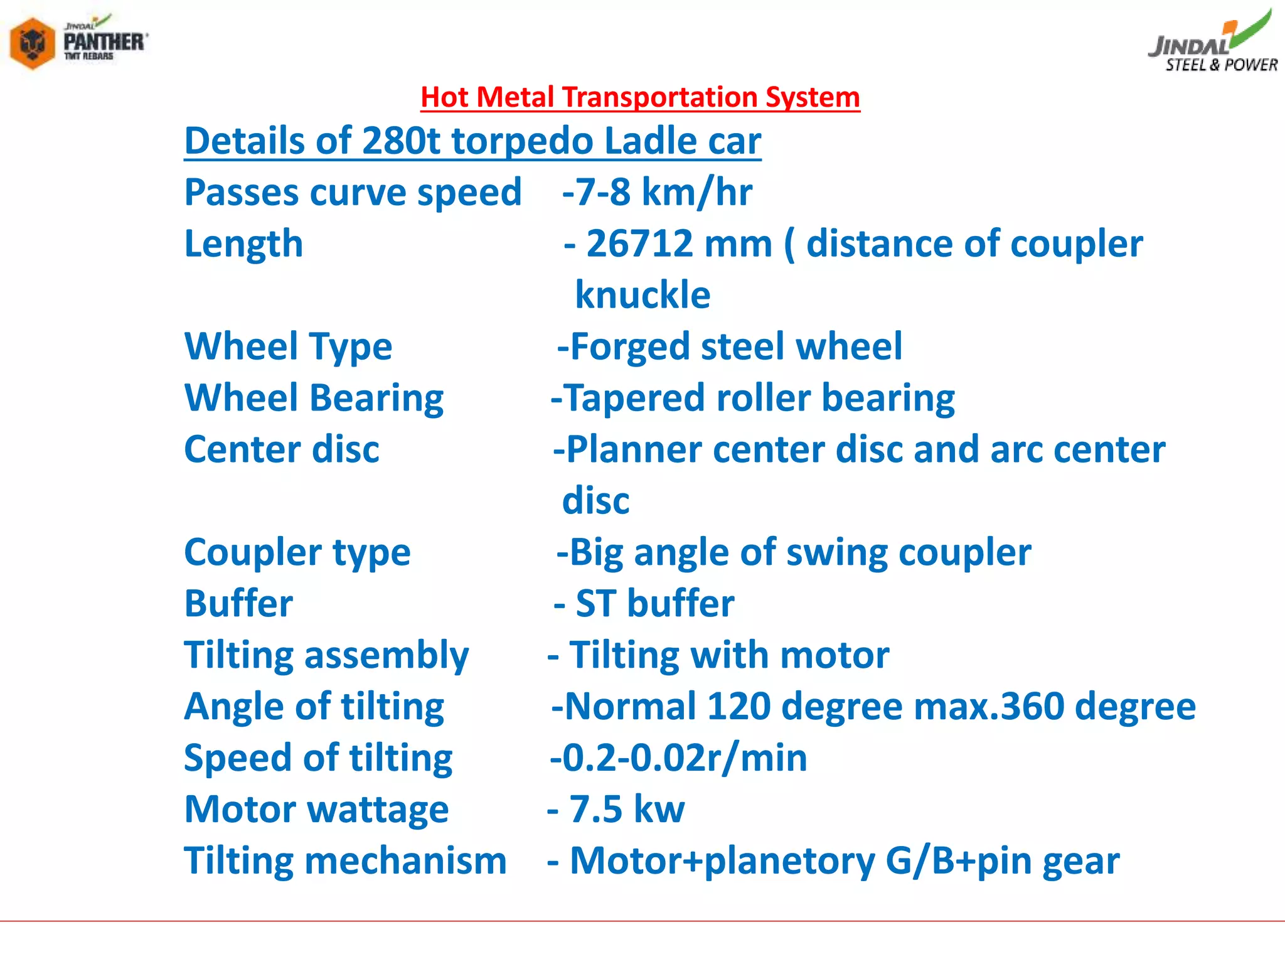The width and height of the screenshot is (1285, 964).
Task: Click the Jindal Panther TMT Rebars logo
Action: tap(78, 43)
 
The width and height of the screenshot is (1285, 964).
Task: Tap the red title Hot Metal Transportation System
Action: tap(640, 97)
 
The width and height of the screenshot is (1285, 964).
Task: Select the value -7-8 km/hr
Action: tap(657, 192)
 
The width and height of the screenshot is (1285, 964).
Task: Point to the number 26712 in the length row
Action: tap(679, 244)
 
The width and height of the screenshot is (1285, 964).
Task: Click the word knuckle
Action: tap(642, 295)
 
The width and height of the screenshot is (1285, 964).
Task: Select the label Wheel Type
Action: tap(288, 346)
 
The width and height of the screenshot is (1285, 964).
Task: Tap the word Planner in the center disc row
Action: tap(633, 449)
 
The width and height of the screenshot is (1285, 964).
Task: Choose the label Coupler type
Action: tap(297, 552)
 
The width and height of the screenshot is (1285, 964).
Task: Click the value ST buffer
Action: tap(654, 604)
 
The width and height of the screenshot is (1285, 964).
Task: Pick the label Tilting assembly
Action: tap(326, 655)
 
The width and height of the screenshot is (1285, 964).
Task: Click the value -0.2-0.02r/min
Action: tap(678, 758)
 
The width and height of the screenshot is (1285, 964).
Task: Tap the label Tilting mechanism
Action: tap(345, 861)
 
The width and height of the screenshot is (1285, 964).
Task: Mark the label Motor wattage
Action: tap(316, 810)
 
